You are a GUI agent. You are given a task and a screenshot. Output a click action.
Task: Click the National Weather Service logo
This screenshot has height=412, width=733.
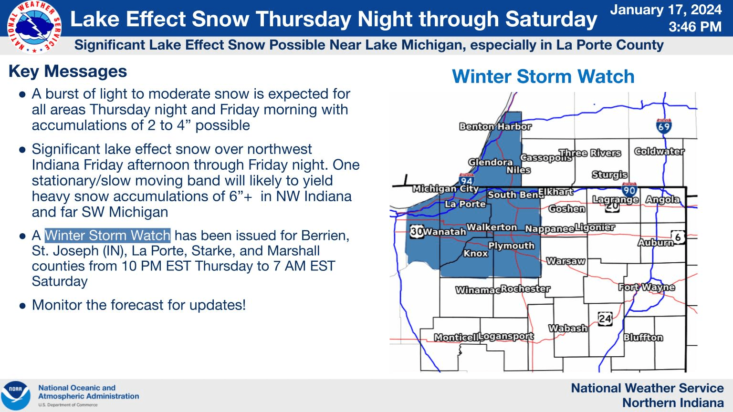[34, 27]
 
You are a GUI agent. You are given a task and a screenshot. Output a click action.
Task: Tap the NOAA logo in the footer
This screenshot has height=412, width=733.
[15, 396]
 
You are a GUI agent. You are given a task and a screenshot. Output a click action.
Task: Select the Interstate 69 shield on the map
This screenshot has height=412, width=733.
[664, 126]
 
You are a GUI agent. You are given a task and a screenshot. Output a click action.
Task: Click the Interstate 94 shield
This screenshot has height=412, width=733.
[466, 180]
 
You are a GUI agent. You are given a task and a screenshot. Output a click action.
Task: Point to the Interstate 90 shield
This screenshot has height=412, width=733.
[629, 190]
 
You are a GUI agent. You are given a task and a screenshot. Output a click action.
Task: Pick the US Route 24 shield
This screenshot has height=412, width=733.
[605, 319]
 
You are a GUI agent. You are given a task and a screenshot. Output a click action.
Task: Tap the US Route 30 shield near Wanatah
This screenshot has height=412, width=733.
[417, 231]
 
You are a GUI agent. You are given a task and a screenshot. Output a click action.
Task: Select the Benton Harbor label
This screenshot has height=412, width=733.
[495, 126]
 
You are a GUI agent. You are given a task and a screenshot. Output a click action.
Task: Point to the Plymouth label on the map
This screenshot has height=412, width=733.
[511, 246]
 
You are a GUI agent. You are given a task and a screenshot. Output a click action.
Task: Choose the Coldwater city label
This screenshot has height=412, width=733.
[659, 151]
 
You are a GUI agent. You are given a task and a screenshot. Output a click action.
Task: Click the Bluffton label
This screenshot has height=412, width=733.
[643, 337]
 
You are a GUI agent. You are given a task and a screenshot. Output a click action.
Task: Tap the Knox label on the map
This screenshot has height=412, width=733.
[475, 253]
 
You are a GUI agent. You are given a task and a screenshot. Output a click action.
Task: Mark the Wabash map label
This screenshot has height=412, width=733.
[568, 328]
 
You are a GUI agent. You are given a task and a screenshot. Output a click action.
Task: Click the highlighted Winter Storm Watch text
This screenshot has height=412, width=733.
[108, 235]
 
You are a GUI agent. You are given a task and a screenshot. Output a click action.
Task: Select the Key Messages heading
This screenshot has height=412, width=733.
[68, 71]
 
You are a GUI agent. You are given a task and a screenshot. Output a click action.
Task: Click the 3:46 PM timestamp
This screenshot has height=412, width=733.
[695, 27]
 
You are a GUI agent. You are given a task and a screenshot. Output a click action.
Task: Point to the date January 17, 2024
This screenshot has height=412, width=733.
[666, 10]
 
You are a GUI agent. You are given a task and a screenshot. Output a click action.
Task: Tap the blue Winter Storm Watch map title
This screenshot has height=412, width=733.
[543, 76]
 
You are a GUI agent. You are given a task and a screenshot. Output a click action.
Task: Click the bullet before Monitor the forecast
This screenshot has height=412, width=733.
[22, 306]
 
